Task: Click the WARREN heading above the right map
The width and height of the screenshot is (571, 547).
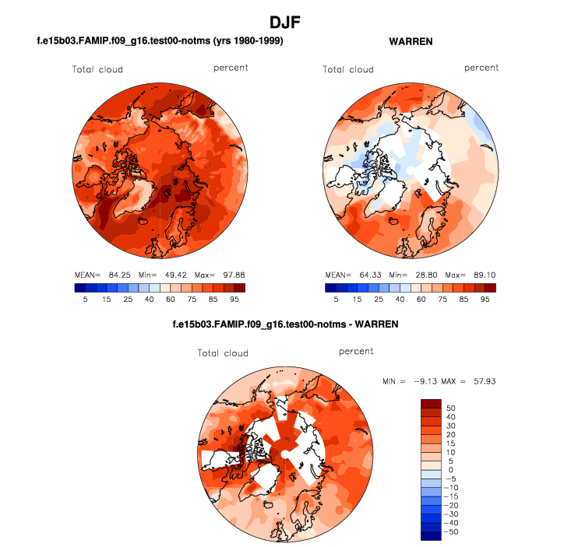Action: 411,40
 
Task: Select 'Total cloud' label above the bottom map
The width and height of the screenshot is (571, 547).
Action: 223,353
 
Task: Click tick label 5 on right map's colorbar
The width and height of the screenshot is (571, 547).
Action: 336,299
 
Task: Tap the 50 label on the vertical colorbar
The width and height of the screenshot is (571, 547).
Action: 452,408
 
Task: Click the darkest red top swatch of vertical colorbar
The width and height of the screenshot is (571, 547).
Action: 431,403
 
